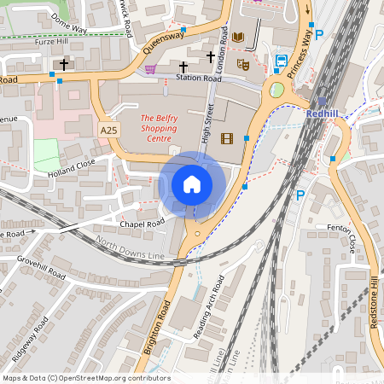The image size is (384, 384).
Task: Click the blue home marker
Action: pyautogui.click(x=192, y=184)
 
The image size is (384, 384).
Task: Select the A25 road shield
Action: pyautogui.click(x=109, y=130)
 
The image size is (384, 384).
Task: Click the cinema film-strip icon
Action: pyautogui.click(x=226, y=138)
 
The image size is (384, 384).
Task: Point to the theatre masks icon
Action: pyautogui.click(x=243, y=64)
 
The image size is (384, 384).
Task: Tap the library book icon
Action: pyautogui.click(x=238, y=37)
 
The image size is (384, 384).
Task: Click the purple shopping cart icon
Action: pyautogui.click(x=151, y=69)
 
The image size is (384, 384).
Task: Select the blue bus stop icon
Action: pyautogui.click(x=281, y=61)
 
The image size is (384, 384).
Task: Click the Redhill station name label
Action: pyautogui.click(x=323, y=113)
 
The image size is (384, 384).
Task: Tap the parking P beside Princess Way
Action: pyautogui.click(x=320, y=35)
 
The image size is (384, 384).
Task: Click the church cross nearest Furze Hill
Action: pyautogui.click(x=63, y=64)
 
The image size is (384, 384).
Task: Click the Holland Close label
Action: pyautogui.click(x=73, y=163)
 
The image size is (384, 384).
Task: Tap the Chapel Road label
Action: pyautogui.click(x=143, y=224)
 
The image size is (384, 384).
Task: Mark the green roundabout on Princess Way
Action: pyautogui.click(x=276, y=90)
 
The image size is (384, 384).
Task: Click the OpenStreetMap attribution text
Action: pyautogui.click(x=85, y=378)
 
